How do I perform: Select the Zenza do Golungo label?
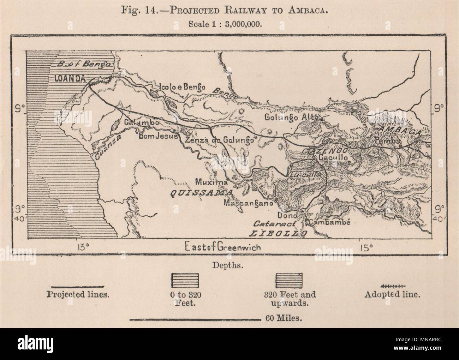[219, 140]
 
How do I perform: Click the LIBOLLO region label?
[279, 233]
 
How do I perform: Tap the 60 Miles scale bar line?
[195, 320]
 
